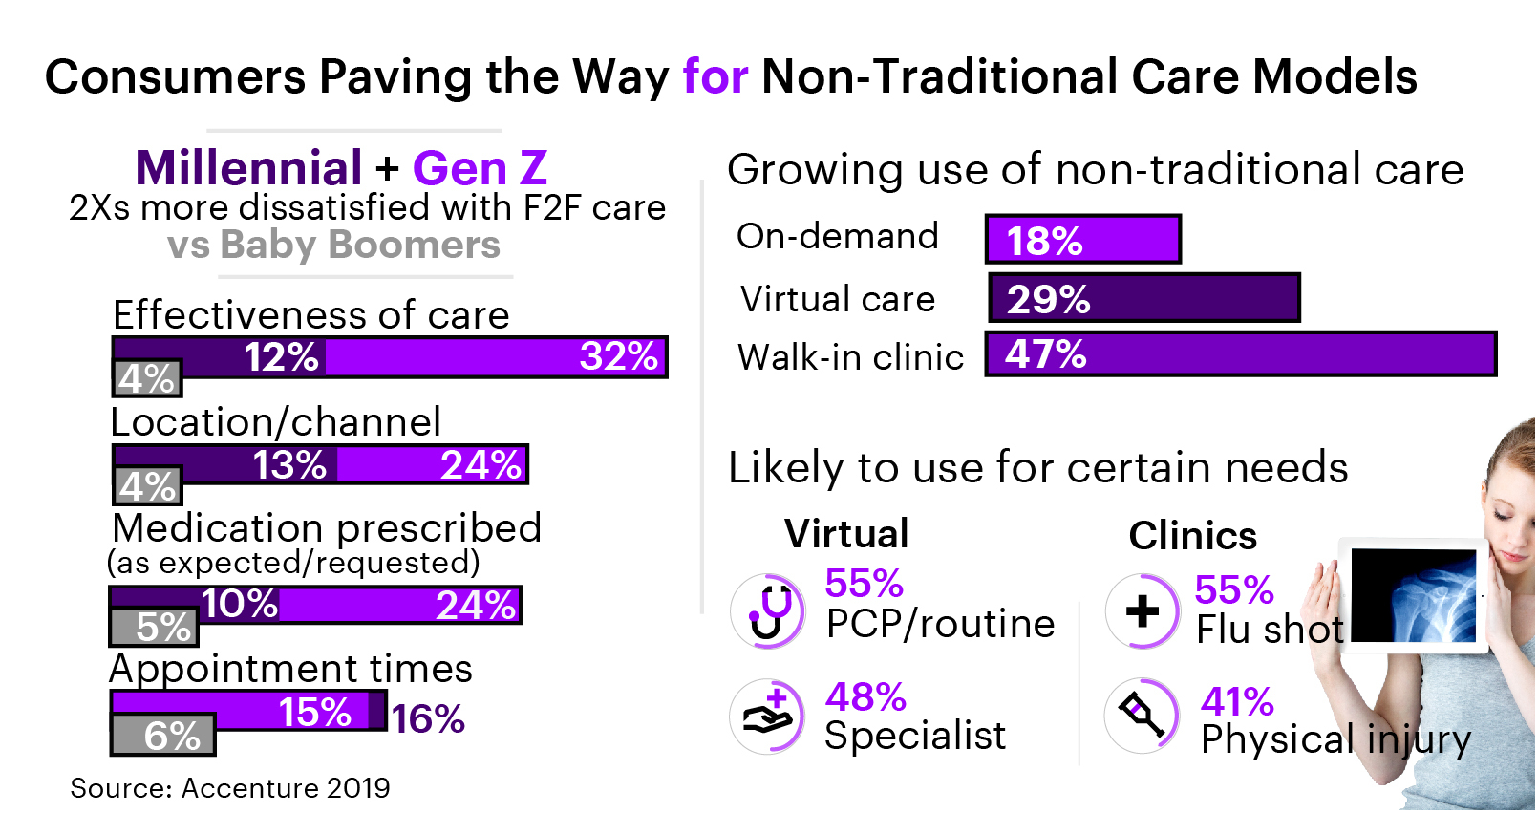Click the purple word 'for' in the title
tap(715, 76)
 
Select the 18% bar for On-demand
tap(1083, 239)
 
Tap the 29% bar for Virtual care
tap(1144, 298)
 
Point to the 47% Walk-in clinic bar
tap(1240, 353)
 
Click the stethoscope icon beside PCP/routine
tap(768, 611)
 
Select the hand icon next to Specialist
tap(768, 717)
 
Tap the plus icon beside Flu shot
tap(1143, 611)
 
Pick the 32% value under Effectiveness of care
tap(618, 356)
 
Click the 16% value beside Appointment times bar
tap(428, 718)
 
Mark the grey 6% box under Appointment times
tap(163, 735)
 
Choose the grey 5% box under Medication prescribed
tap(155, 627)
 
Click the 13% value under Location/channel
tap(288, 465)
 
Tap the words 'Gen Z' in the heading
tap(480, 168)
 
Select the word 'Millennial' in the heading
tap(248, 168)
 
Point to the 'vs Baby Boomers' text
tap(333, 245)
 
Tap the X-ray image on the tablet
tap(1414, 594)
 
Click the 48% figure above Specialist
tap(865, 696)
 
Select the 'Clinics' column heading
tap(1192, 536)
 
